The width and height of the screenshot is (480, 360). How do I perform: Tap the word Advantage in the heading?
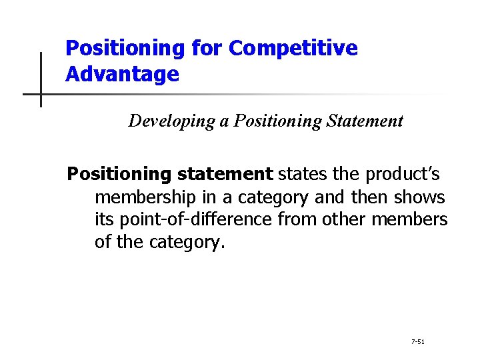122,74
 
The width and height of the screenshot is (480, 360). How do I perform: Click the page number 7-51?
418,341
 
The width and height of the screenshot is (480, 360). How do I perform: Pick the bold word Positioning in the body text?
119,175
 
